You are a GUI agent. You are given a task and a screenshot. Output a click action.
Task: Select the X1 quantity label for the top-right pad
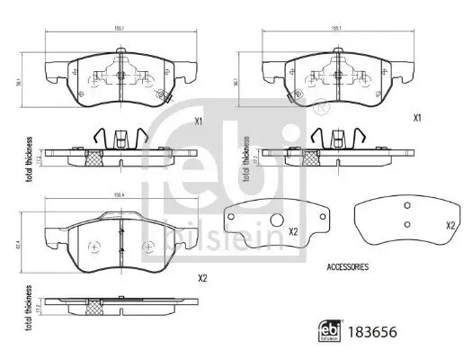pyautogui.click(x=417, y=118)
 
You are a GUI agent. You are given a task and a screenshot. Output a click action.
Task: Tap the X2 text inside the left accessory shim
pyautogui.click(x=293, y=231)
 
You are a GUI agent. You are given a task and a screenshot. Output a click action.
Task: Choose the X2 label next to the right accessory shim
pyautogui.click(x=450, y=226)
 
